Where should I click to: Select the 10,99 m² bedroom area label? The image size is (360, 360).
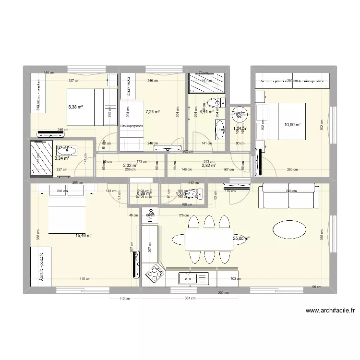[293, 125]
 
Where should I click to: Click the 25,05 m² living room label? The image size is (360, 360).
[241, 238]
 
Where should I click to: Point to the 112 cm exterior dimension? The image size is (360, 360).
[124, 299]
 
